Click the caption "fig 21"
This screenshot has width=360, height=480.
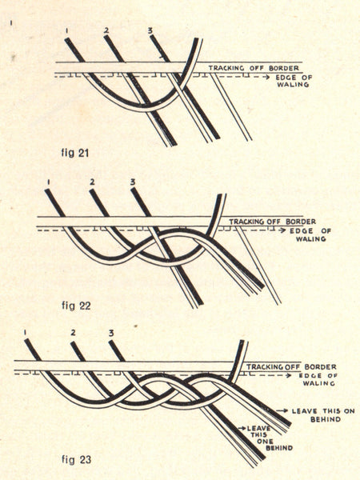(75, 153)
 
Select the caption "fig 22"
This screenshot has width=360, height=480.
(76, 306)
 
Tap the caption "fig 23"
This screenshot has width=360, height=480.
(77, 459)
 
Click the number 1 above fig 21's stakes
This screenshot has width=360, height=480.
(66, 30)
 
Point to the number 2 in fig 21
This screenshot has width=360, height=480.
(106, 30)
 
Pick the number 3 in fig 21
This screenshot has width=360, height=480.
(150, 30)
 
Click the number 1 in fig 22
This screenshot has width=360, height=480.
(49, 182)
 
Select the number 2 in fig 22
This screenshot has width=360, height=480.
(92, 182)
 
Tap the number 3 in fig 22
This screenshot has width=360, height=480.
(133, 182)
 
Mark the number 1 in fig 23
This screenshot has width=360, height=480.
(26, 333)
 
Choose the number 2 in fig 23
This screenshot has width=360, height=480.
(73, 333)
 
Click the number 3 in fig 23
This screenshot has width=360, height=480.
(111, 333)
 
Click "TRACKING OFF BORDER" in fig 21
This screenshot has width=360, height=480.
(254, 68)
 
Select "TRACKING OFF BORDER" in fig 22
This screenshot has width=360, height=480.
(273, 222)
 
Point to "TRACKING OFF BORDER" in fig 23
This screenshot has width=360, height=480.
(291, 366)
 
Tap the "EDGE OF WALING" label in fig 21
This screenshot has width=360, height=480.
(294, 81)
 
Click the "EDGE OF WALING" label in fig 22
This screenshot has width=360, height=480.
(310, 234)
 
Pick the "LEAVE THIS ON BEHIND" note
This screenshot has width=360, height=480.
(323, 415)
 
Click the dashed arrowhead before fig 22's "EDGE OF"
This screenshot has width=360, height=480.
(284, 231)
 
